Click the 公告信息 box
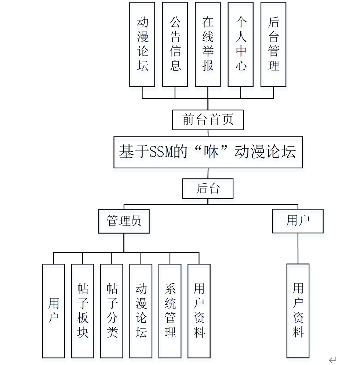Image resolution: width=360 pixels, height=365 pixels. tap(175, 44)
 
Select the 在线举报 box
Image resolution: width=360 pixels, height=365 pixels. tap(208, 44)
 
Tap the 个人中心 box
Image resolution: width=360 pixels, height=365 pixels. tap(240, 44)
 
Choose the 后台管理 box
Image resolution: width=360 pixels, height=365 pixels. tap(273, 44)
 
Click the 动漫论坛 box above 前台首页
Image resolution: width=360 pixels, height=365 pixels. tap(142, 44)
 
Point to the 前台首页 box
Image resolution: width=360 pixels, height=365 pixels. tap(208, 120)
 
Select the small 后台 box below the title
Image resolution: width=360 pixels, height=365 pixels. tap(208, 189)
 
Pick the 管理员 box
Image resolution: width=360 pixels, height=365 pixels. tap(124, 221)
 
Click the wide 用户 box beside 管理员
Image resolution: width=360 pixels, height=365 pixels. tap(298, 221)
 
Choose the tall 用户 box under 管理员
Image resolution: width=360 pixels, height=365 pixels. tap(54, 311)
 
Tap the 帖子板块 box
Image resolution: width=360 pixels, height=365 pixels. tap(83, 311)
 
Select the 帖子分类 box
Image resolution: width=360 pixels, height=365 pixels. tap(112, 311)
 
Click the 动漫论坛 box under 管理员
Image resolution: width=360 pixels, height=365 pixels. tap(141, 311)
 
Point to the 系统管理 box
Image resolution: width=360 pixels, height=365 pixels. tap(170, 311)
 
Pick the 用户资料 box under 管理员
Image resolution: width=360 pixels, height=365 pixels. tap(199, 311)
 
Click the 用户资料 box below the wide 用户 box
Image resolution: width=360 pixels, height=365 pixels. tap(298, 310)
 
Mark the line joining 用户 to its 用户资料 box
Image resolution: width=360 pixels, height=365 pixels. tap(298, 248)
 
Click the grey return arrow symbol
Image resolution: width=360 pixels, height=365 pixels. tap(332, 359)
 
